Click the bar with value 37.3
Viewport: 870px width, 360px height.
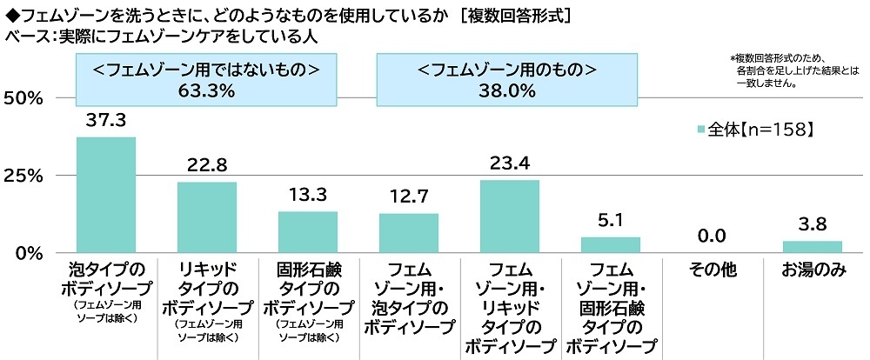coord(106,195)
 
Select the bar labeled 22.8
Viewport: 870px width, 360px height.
coord(207,217)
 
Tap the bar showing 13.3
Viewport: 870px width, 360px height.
coord(308,232)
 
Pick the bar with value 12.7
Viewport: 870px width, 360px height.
coord(409,233)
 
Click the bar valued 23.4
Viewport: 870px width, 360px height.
coord(510,217)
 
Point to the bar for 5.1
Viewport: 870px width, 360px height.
coord(611,245)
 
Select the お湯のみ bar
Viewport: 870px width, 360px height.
coord(812,247)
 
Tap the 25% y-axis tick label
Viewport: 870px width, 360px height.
coord(23,176)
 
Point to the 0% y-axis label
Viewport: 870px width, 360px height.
coord(29,253)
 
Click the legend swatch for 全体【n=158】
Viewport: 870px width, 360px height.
coord(701,130)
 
